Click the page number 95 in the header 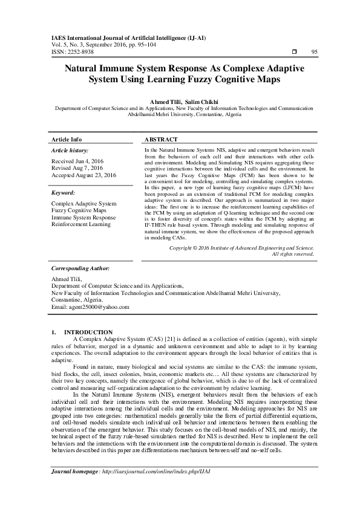point(314,52)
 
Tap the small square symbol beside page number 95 point(294,52)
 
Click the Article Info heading point(67,139)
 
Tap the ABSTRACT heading point(161,139)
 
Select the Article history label point(70,150)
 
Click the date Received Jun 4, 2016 point(77,160)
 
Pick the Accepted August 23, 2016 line point(83,175)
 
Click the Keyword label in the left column point(64,193)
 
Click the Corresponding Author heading point(80,268)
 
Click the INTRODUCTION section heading point(88,332)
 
